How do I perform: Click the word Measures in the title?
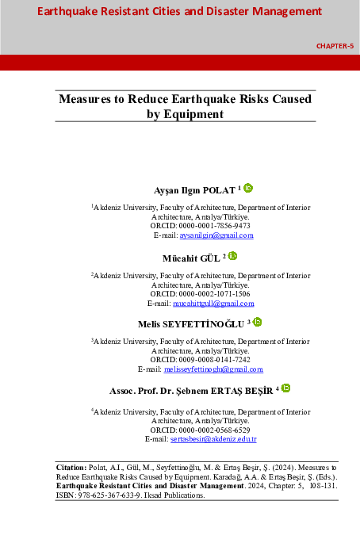tap(86, 100)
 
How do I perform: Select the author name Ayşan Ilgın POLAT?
tap(194, 190)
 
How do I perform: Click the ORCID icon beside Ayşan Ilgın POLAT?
tap(248, 188)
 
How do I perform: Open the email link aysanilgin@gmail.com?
tap(215, 235)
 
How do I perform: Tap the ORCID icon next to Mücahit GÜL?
tap(233, 255)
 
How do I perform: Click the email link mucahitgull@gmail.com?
tap(212, 304)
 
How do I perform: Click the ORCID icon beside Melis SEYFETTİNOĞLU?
tap(257, 322)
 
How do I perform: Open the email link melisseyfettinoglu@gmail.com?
tap(213, 369)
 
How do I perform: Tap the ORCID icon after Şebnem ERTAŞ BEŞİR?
tap(285, 388)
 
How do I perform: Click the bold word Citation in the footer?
tap(75, 468)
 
